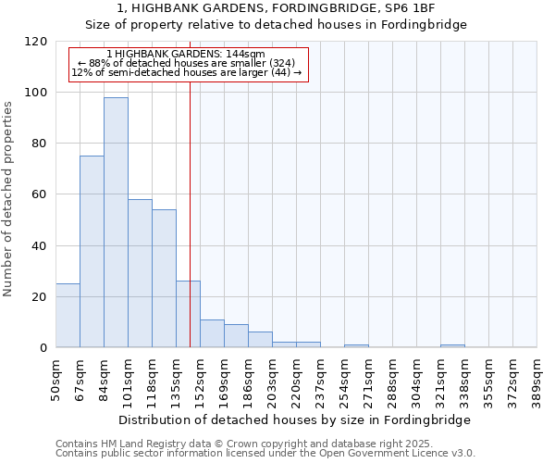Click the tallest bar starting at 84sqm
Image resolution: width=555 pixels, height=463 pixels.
pyautogui.click(x=116, y=222)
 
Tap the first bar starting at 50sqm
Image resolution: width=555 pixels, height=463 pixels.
pyautogui.click(x=68, y=316)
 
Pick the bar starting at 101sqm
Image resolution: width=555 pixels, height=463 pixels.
pyautogui.click(x=140, y=273)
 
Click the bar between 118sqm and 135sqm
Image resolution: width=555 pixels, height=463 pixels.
pyautogui.click(x=164, y=279)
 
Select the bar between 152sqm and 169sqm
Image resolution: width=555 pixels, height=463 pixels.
pyautogui.click(x=212, y=333)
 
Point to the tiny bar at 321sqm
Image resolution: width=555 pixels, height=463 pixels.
pyautogui.click(x=452, y=345)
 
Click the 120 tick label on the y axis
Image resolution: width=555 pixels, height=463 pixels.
pyautogui.click(x=36, y=42)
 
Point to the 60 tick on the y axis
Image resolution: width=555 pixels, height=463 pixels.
pyautogui.click(x=40, y=194)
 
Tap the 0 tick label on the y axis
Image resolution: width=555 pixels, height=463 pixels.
pyautogui.click(x=43, y=348)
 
